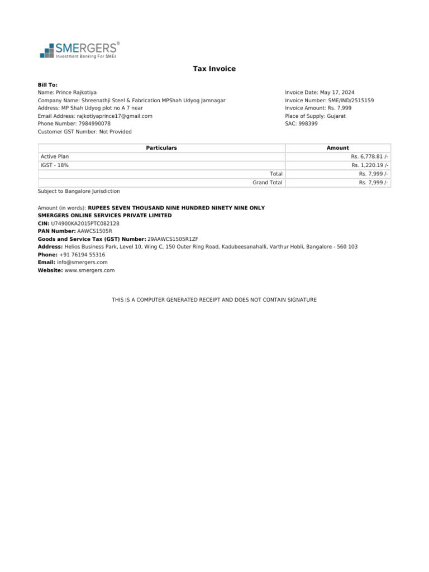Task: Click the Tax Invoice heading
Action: click(214, 69)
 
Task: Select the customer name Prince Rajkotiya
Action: click(76, 92)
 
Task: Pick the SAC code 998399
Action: click(308, 124)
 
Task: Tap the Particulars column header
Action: click(161, 148)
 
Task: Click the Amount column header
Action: click(337, 148)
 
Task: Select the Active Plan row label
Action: click(55, 157)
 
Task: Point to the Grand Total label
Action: click(268, 183)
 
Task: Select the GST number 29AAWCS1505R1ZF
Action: click(173, 239)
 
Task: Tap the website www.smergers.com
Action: click(89, 270)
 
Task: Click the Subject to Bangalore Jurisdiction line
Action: click(79, 191)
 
